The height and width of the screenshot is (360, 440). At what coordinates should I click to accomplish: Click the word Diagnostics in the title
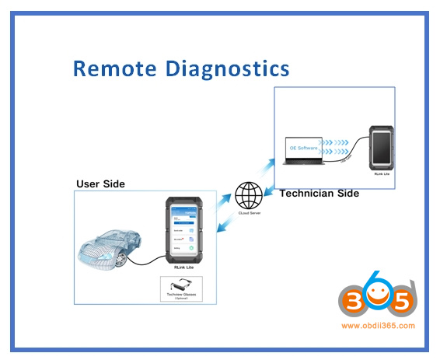click(x=229, y=68)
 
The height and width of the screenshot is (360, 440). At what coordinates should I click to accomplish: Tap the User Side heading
click(x=100, y=183)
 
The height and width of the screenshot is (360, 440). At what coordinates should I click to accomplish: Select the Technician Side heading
click(x=320, y=193)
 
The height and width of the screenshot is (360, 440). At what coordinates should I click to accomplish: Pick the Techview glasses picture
click(x=180, y=286)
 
